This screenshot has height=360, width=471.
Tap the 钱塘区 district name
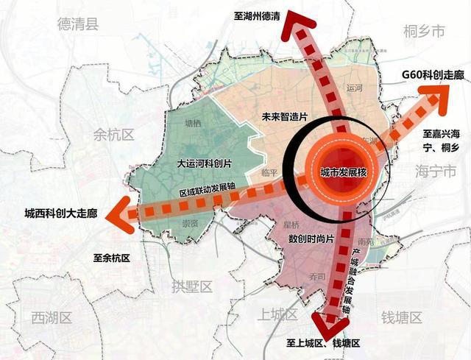point(400,318)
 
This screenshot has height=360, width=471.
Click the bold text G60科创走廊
point(430,76)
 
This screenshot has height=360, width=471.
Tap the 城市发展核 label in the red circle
point(343,172)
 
